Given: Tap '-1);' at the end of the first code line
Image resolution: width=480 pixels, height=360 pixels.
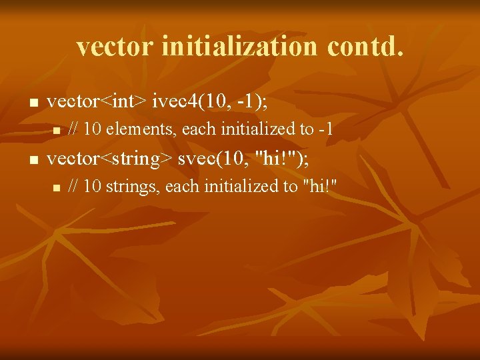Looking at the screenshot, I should tap(250, 102).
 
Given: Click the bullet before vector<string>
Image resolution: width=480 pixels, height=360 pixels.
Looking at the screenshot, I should tap(28, 160).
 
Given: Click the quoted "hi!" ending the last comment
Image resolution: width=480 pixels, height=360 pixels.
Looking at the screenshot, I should tap(320, 187).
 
